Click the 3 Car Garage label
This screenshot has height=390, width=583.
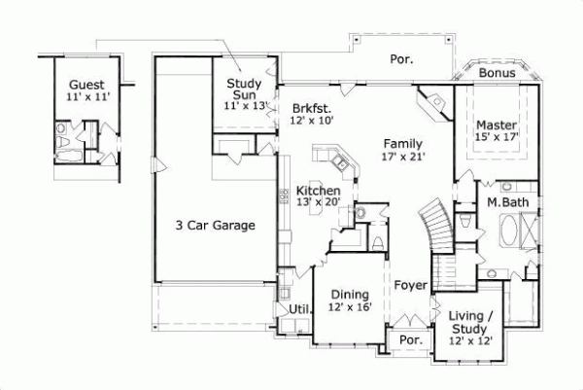[x=215, y=226]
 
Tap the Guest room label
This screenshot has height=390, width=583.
[x=86, y=85]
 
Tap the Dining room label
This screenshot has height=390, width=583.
[x=349, y=295]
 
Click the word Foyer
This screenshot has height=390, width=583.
[x=411, y=285]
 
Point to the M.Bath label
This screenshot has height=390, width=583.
[x=506, y=202]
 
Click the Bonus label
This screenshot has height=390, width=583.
[x=497, y=74]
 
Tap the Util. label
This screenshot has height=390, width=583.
[x=299, y=309]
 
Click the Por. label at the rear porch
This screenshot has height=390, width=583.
[x=401, y=59]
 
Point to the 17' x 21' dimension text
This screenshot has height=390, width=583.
[x=403, y=156]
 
